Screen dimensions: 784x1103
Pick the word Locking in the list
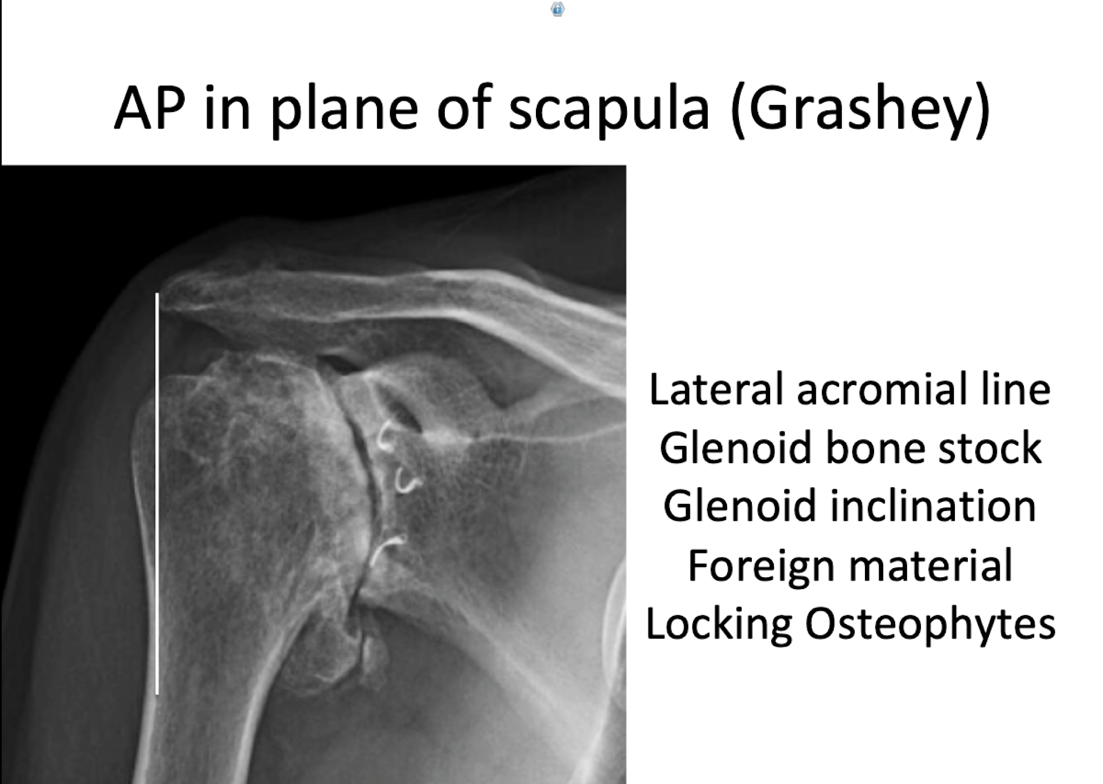pos(718,625)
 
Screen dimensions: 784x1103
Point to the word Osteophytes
pos(930,625)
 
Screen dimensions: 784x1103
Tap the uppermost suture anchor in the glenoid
pos(386,435)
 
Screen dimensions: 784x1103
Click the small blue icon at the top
pos(558,9)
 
